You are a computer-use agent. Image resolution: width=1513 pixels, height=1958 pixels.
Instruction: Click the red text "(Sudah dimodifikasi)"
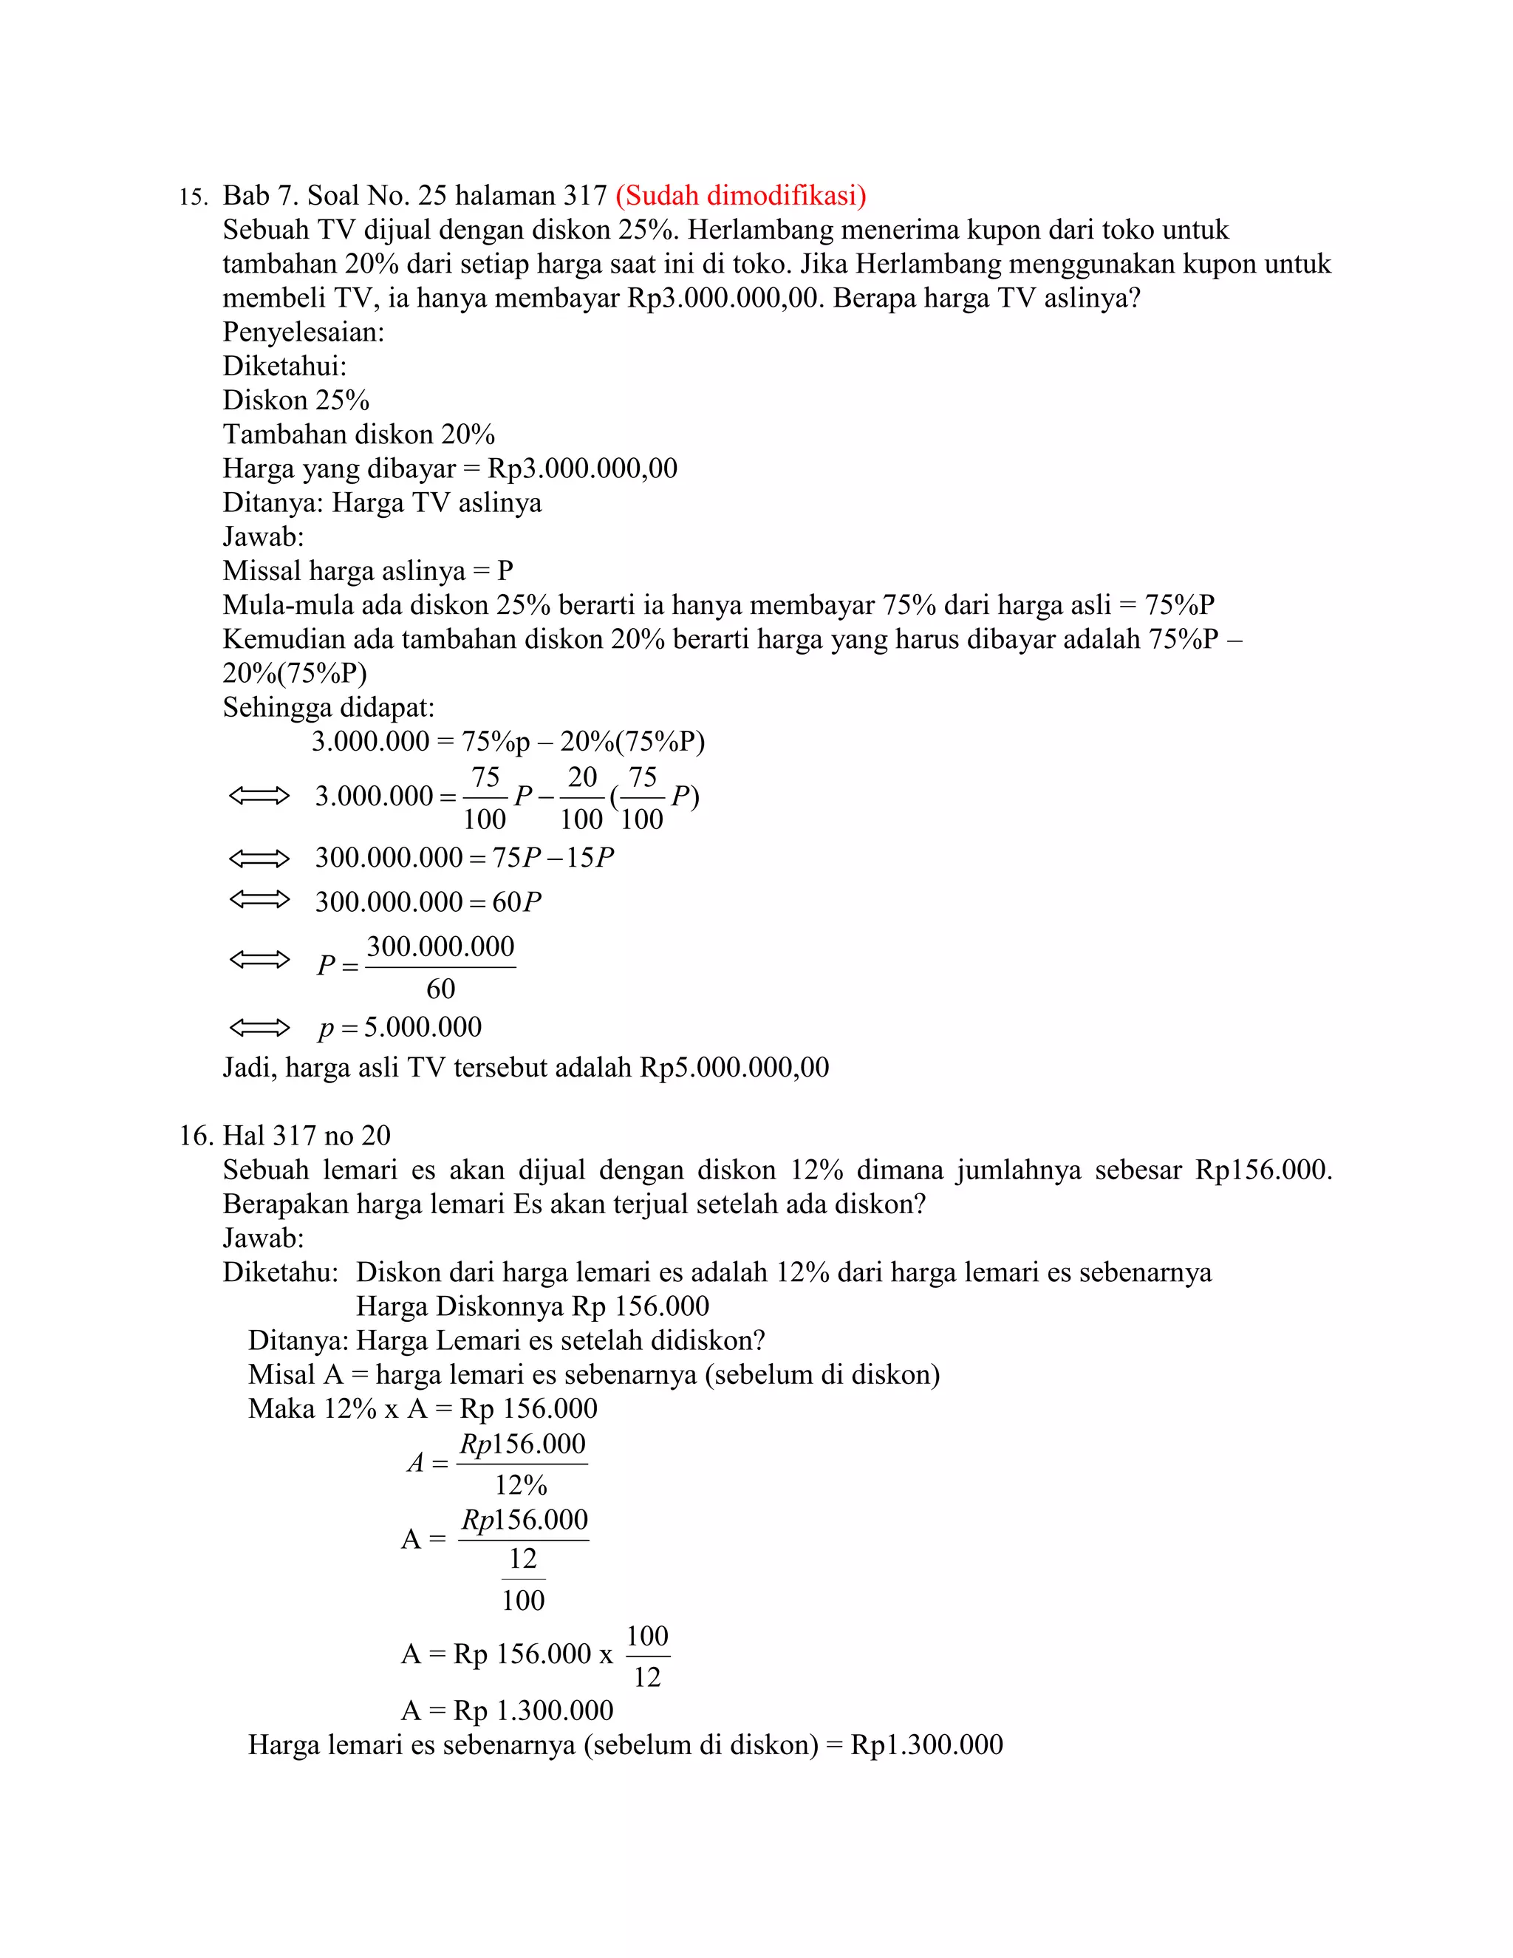pyautogui.click(x=740, y=196)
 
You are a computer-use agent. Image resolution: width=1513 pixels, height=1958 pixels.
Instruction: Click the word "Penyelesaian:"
pyautogui.click(x=303, y=332)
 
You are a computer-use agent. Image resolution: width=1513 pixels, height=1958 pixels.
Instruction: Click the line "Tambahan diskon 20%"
pyautogui.click(x=358, y=434)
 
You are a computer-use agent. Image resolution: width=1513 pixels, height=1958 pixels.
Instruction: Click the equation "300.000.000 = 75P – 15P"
pyautogui.click(x=463, y=858)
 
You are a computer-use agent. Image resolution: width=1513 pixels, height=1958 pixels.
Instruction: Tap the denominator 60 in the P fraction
pyautogui.click(x=440, y=989)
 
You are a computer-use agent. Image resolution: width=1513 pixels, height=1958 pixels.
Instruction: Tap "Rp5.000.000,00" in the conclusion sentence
pyautogui.click(x=734, y=1068)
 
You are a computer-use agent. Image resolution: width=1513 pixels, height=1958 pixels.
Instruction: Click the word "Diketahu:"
pyautogui.click(x=281, y=1273)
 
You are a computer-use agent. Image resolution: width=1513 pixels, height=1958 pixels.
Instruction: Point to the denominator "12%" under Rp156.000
pyautogui.click(x=521, y=1486)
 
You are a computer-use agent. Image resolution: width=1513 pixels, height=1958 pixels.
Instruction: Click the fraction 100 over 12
pyautogui.click(x=647, y=1656)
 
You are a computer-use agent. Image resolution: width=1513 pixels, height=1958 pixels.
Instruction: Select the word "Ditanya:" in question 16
pyautogui.click(x=298, y=1341)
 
